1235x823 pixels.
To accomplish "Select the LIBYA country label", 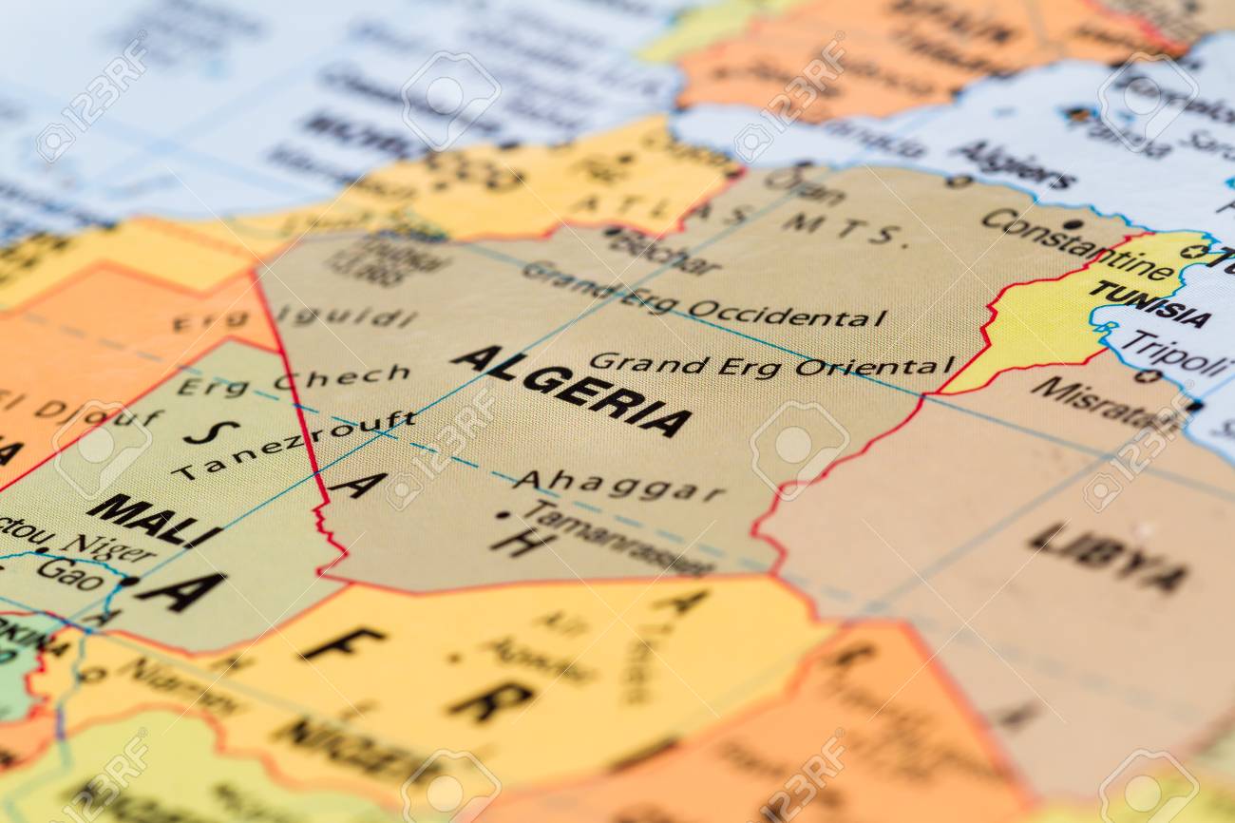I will coord(1108,557).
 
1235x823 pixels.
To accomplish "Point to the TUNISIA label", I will coord(1149,303).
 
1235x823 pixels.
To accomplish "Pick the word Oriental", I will coord(874,366).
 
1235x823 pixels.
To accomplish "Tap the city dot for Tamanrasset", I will coord(502,515).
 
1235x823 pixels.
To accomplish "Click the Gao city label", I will coord(70,569).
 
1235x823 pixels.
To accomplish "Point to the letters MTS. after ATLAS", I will coord(841,227).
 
